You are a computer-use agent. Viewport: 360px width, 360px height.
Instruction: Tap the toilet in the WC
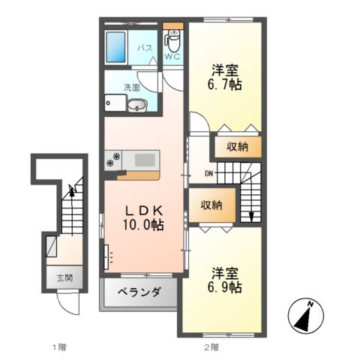coord(173,37)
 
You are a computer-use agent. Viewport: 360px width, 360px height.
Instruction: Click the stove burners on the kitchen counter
coord(118,159)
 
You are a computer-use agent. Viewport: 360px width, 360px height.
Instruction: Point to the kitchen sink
coord(144,159)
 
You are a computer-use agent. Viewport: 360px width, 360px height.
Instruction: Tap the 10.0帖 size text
coord(142,224)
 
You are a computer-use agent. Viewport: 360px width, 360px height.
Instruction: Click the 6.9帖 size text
coord(224,287)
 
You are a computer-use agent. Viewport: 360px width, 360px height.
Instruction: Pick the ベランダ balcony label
coord(139,293)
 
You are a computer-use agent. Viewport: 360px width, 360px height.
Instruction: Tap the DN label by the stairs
coord(208,175)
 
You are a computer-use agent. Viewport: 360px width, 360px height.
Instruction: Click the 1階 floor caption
coord(60,346)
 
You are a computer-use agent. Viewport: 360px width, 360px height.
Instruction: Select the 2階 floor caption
coord(210,346)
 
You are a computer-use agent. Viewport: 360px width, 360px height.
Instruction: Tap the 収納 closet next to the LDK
coord(211,205)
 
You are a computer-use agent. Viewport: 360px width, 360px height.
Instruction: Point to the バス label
coord(145,48)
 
